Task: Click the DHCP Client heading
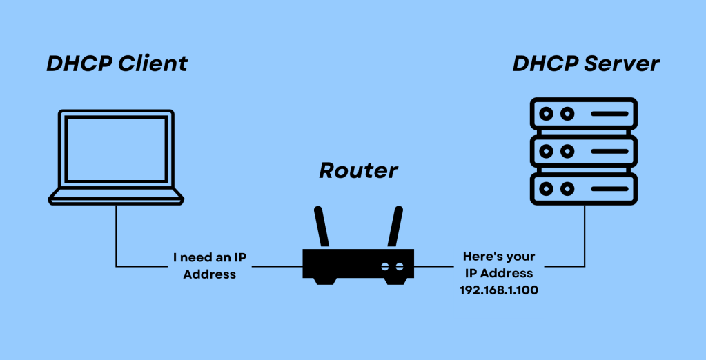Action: coord(117,63)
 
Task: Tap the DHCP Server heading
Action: coord(586,63)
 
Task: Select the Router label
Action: coord(358,170)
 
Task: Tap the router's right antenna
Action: coord(395,226)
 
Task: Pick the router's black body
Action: coord(358,263)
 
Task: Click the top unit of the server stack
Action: coord(583,113)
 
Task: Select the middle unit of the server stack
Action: coord(583,150)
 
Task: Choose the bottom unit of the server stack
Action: coord(583,188)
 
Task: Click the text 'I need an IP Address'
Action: coord(209,266)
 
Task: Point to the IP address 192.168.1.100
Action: coord(498,290)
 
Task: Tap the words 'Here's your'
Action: coord(498,257)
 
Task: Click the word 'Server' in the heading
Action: coord(622,63)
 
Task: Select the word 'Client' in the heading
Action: coord(152,63)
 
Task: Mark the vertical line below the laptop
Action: coord(116,234)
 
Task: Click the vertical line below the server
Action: coord(585,234)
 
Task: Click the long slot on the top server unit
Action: coord(607,113)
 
